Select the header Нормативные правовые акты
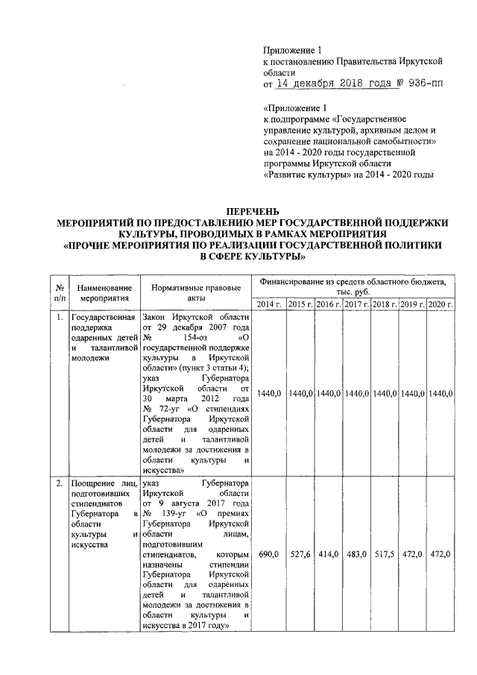click(x=196, y=292)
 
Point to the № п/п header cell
click(x=58, y=292)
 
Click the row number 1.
click(x=58, y=317)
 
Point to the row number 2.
click(x=58, y=484)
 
